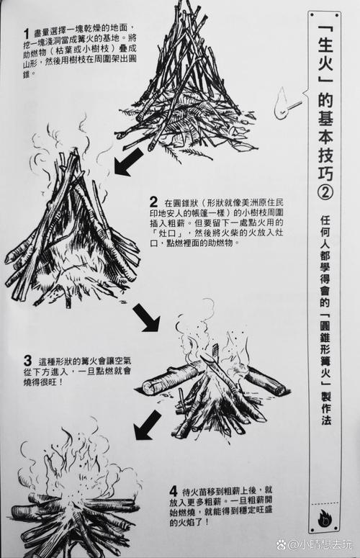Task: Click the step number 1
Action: pyautogui.click(x=27, y=32)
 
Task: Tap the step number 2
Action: pyautogui.click(x=154, y=202)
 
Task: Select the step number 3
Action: pyautogui.click(x=27, y=360)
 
